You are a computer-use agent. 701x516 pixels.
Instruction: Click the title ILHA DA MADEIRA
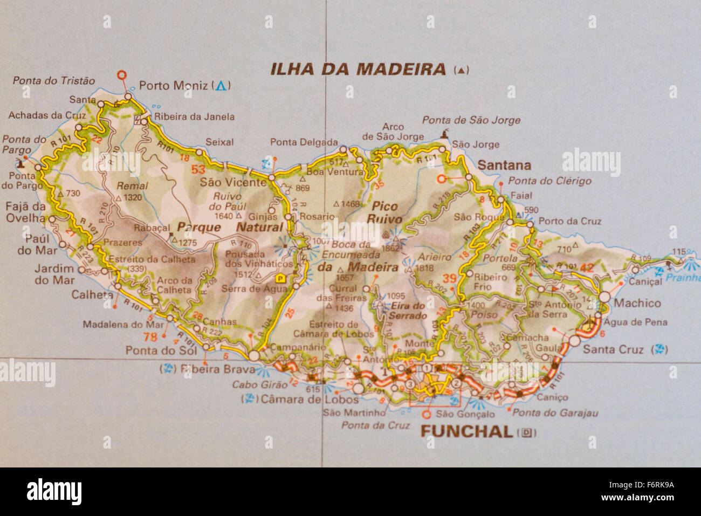coord(358,69)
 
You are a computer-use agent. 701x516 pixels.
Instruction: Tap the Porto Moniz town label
coord(173,85)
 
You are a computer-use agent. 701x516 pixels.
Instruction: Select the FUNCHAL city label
coord(466,431)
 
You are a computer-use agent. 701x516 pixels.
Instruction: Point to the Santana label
coord(505,165)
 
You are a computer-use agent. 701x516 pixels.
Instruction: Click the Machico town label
coord(637,303)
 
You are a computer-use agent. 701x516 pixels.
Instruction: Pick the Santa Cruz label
coord(614,349)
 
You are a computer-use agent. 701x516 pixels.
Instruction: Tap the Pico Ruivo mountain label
coord(384,212)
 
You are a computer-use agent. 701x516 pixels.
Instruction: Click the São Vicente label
coord(233,182)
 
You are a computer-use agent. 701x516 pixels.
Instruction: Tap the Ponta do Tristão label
coord(54,80)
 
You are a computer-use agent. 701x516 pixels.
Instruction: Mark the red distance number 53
coord(198,170)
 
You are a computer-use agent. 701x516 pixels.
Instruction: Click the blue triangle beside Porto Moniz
coord(221,85)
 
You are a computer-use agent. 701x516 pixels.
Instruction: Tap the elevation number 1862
coord(390,248)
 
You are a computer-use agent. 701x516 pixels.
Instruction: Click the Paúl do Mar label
coord(33,244)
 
